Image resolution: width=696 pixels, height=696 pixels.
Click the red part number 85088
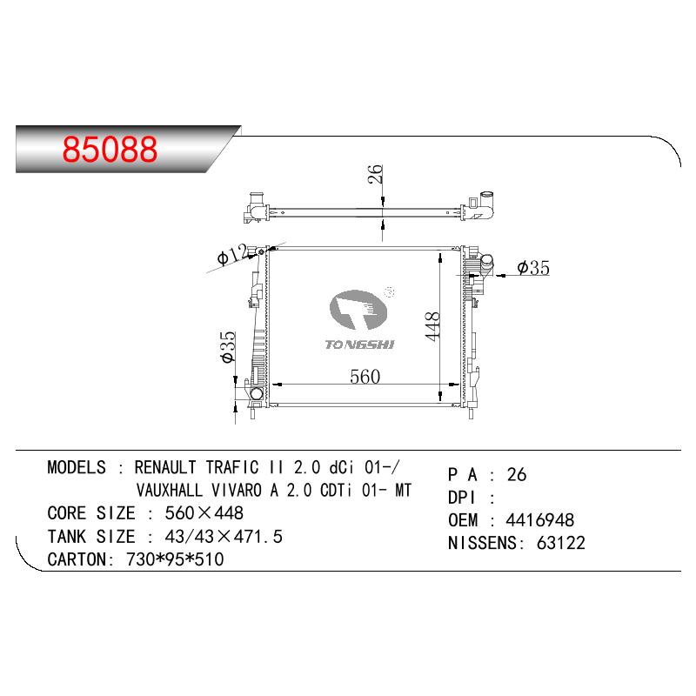click(110, 149)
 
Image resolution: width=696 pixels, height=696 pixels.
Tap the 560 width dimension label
click(365, 377)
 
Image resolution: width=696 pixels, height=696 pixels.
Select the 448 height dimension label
click(432, 326)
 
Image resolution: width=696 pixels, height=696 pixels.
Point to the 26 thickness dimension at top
click(376, 174)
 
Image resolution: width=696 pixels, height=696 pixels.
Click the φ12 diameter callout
click(231, 254)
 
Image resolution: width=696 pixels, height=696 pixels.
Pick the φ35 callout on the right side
click(533, 268)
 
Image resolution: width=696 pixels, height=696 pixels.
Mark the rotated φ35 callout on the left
click(229, 346)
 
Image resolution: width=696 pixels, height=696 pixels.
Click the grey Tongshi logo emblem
click(358, 310)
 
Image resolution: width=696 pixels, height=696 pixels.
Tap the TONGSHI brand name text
click(359, 345)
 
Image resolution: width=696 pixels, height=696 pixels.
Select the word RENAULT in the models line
click(165, 467)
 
